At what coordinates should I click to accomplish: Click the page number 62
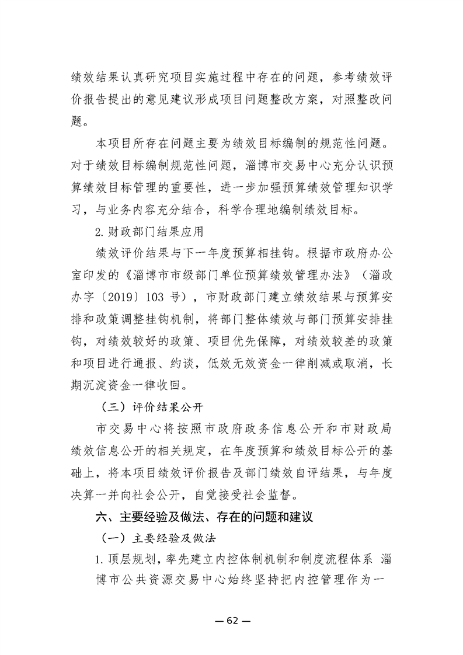tap(232, 621)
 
